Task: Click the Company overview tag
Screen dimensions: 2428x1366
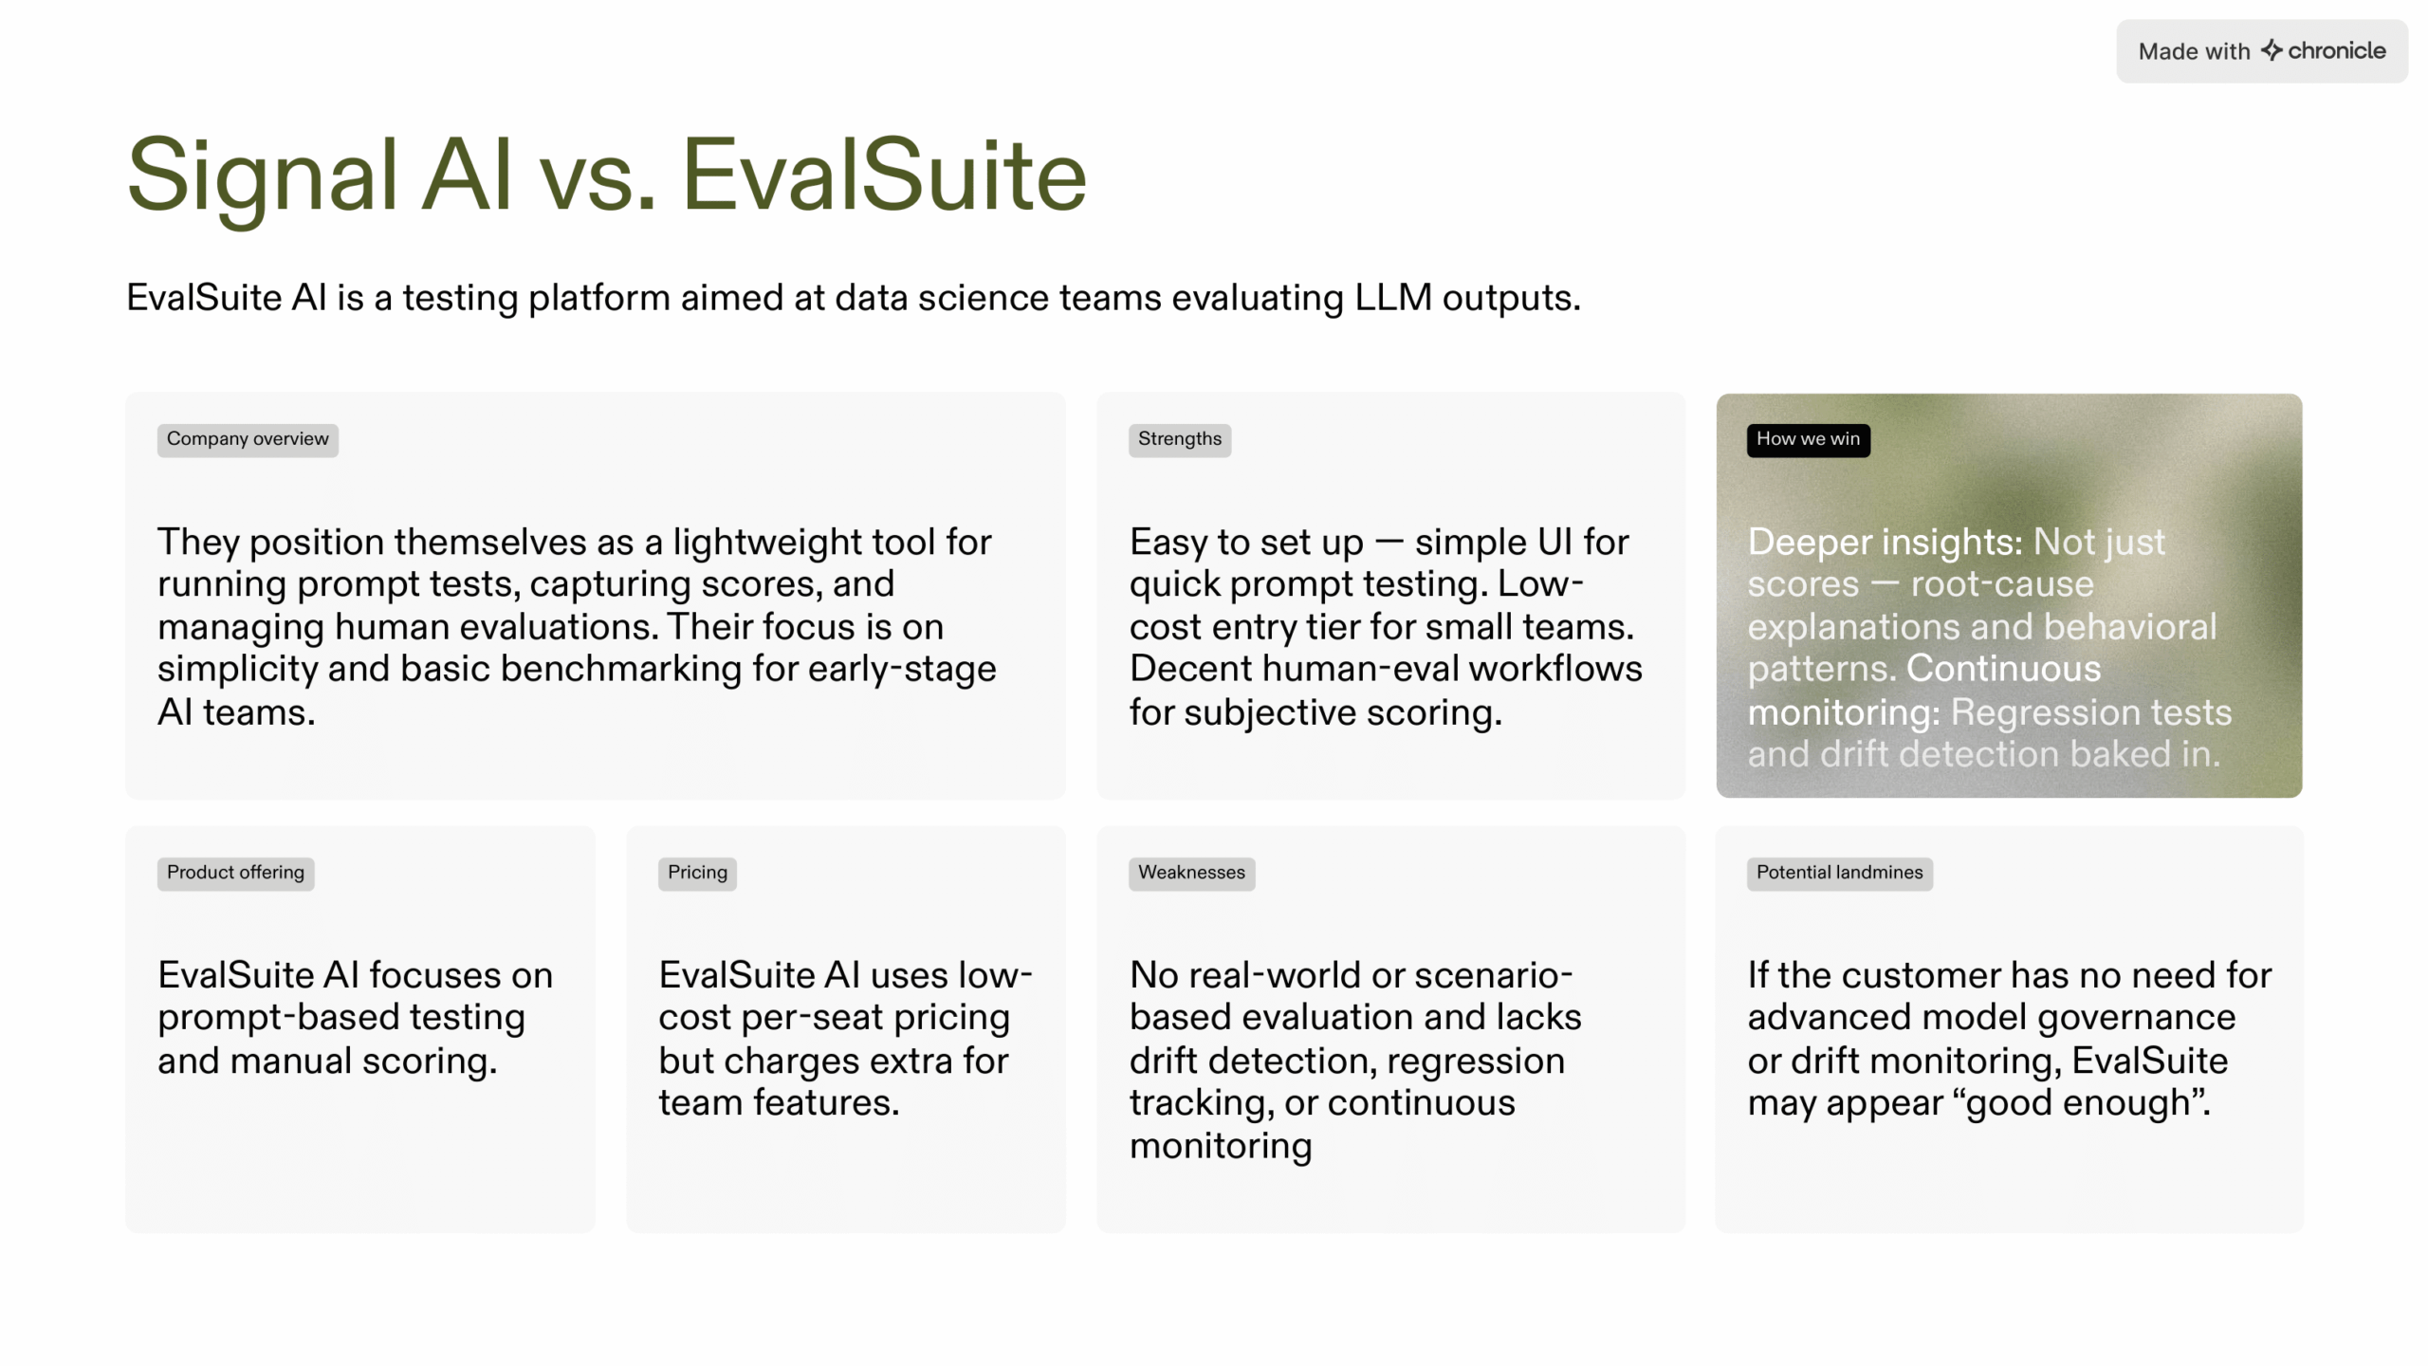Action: tap(248, 440)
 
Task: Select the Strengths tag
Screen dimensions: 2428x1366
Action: tap(1180, 440)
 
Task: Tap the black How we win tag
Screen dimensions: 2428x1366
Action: tap(1808, 440)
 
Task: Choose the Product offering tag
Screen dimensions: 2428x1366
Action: tap(235, 874)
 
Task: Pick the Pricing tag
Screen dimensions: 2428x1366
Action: tap(697, 874)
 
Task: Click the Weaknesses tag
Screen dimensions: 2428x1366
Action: tap(1191, 874)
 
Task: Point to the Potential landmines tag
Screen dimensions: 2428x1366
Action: tap(1839, 874)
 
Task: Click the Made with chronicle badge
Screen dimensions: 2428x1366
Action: tap(2261, 51)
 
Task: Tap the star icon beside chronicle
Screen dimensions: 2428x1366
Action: tap(2272, 50)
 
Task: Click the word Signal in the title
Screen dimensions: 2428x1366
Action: tap(262, 176)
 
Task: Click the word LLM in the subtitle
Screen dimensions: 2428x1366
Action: tap(1393, 298)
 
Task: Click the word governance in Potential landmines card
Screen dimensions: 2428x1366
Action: tap(2136, 1018)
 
